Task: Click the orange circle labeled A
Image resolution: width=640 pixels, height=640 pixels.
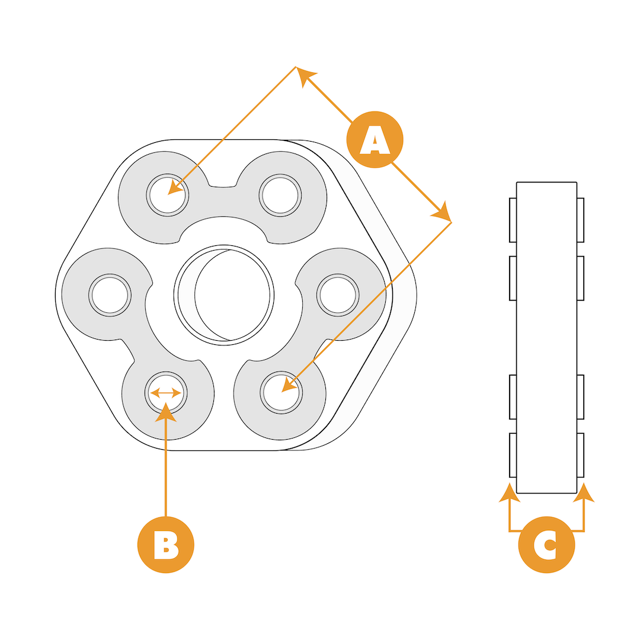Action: click(x=375, y=140)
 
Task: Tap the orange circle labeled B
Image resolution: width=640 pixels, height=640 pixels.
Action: click(x=166, y=545)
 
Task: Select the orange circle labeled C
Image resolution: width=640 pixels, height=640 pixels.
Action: click(x=546, y=545)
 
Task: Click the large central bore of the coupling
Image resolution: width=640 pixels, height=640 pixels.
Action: click(x=224, y=295)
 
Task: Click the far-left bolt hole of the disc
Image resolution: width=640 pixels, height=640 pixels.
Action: click(x=110, y=295)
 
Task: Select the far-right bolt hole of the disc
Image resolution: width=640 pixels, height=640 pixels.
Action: click(x=337, y=295)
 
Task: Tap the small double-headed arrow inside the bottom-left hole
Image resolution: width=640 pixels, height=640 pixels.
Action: click(x=165, y=393)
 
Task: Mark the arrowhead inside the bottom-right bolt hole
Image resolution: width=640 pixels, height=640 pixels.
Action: click(x=289, y=385)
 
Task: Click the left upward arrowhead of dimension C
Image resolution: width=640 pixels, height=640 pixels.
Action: click(x=509, y=493)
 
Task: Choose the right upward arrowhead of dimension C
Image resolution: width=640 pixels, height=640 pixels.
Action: click(x=584, y=493)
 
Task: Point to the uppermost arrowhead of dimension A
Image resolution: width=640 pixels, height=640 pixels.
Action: click(x=305, y=76)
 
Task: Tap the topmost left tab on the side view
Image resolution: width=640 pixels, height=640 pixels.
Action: click(x=513, y=220)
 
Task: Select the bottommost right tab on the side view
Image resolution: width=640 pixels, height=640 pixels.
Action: click(x=580, y=455)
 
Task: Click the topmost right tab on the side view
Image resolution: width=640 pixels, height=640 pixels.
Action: click(x=580, y=220)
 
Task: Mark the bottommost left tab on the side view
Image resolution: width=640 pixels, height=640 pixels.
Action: click(x=513, y=455)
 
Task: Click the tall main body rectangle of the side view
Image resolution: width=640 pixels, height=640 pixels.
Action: click(x=546, y=337)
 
